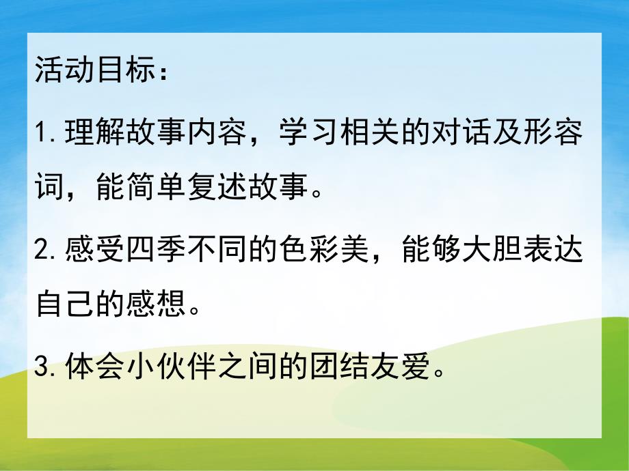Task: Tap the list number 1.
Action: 40,133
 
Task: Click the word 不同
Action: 215,252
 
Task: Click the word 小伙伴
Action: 170,368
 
